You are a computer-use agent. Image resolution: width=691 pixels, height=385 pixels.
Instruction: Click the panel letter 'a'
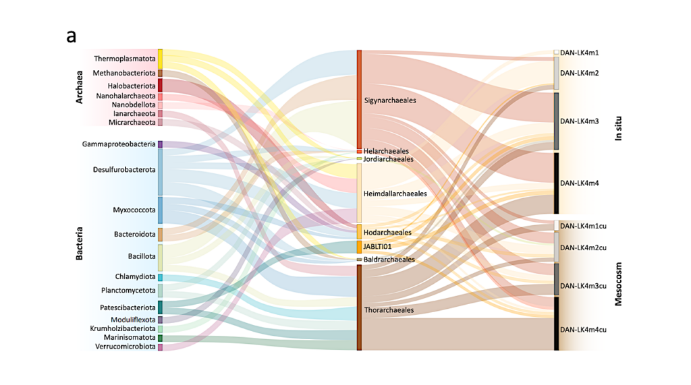[x=72, y=36]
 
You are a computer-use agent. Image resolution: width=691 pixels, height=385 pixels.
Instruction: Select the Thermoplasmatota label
[x=125, y=59]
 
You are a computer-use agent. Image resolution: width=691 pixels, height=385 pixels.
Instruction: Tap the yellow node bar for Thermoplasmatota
[x=160, y=58]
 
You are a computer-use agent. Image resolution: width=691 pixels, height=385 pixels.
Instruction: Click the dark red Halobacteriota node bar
[x=160, y=85]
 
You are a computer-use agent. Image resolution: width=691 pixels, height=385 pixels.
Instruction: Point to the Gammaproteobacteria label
[x=119, y=144]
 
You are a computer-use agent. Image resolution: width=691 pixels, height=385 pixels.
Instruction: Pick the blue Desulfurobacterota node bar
[x=160, y=171]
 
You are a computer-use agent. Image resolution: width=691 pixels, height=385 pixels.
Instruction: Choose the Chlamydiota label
[x=135, y=277]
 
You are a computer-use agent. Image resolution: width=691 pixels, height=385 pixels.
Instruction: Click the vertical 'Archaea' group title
[x=79, y=86]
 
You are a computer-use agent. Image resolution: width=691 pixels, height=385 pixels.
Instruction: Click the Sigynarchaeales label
[x=389, y=100]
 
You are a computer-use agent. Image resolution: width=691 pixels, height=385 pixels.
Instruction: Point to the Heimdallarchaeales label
[x=395, y=194]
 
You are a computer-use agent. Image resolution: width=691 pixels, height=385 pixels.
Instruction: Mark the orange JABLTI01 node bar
[x=360, y=247]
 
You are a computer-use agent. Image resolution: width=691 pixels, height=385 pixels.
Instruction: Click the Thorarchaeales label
[x=388, y=310]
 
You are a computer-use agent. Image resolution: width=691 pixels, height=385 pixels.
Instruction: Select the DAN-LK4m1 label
[x=580, y=53]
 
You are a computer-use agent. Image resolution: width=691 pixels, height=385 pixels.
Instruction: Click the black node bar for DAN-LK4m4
[x=556, y=183]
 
